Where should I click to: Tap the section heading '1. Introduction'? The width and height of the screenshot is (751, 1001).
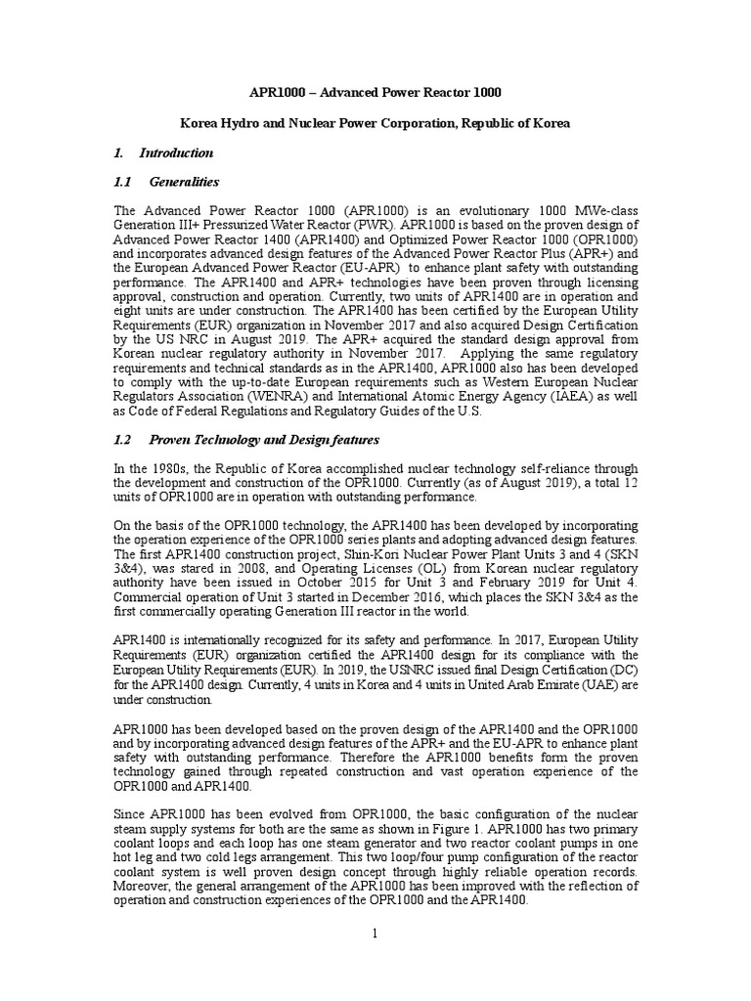point(163,152)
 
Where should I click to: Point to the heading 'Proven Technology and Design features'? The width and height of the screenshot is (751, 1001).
point(259,441)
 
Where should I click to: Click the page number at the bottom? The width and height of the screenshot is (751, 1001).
point(375,936)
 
